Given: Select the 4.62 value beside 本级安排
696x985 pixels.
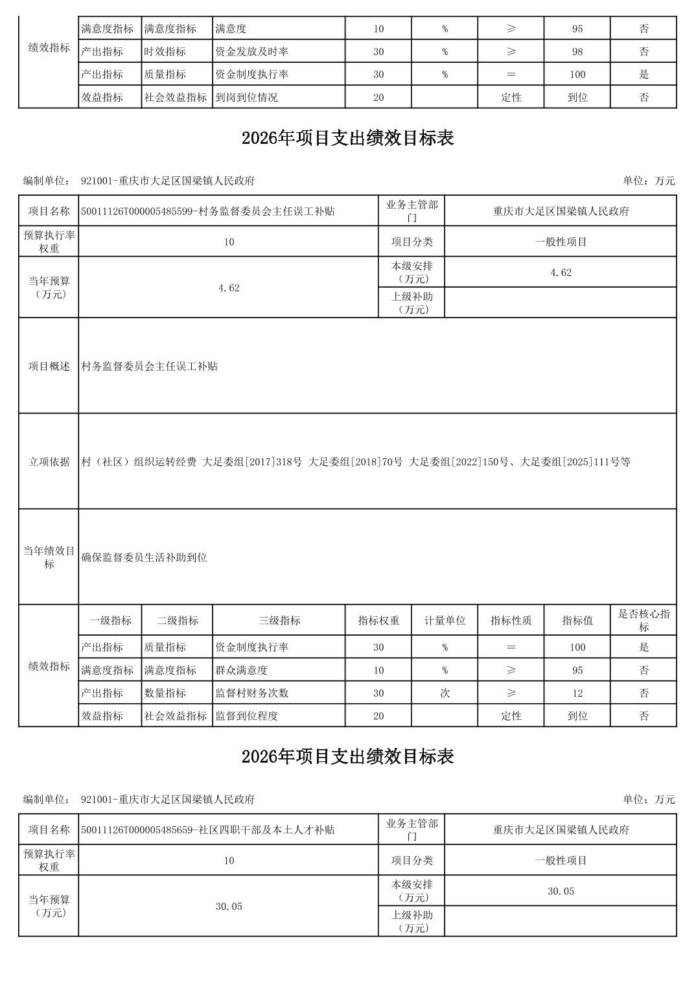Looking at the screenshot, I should [561, 273].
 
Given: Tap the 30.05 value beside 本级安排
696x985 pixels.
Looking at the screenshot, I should [561, 892].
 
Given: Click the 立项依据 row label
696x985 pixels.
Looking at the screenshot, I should [49, 462].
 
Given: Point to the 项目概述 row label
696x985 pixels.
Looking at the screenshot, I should [49, 366].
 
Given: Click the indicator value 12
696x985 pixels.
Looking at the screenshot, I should [577, 693].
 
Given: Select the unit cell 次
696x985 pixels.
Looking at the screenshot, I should [445, 693].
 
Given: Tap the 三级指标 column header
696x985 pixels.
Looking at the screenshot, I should [279, 621].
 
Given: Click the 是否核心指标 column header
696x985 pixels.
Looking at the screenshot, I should [644, 621].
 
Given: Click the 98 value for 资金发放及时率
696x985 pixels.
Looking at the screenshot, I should [577, 52].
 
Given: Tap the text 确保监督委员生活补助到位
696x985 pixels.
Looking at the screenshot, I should [145, 557].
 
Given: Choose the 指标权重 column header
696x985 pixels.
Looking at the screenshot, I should [378, 621].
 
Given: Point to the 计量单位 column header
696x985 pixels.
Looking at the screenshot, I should [445, 621].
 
